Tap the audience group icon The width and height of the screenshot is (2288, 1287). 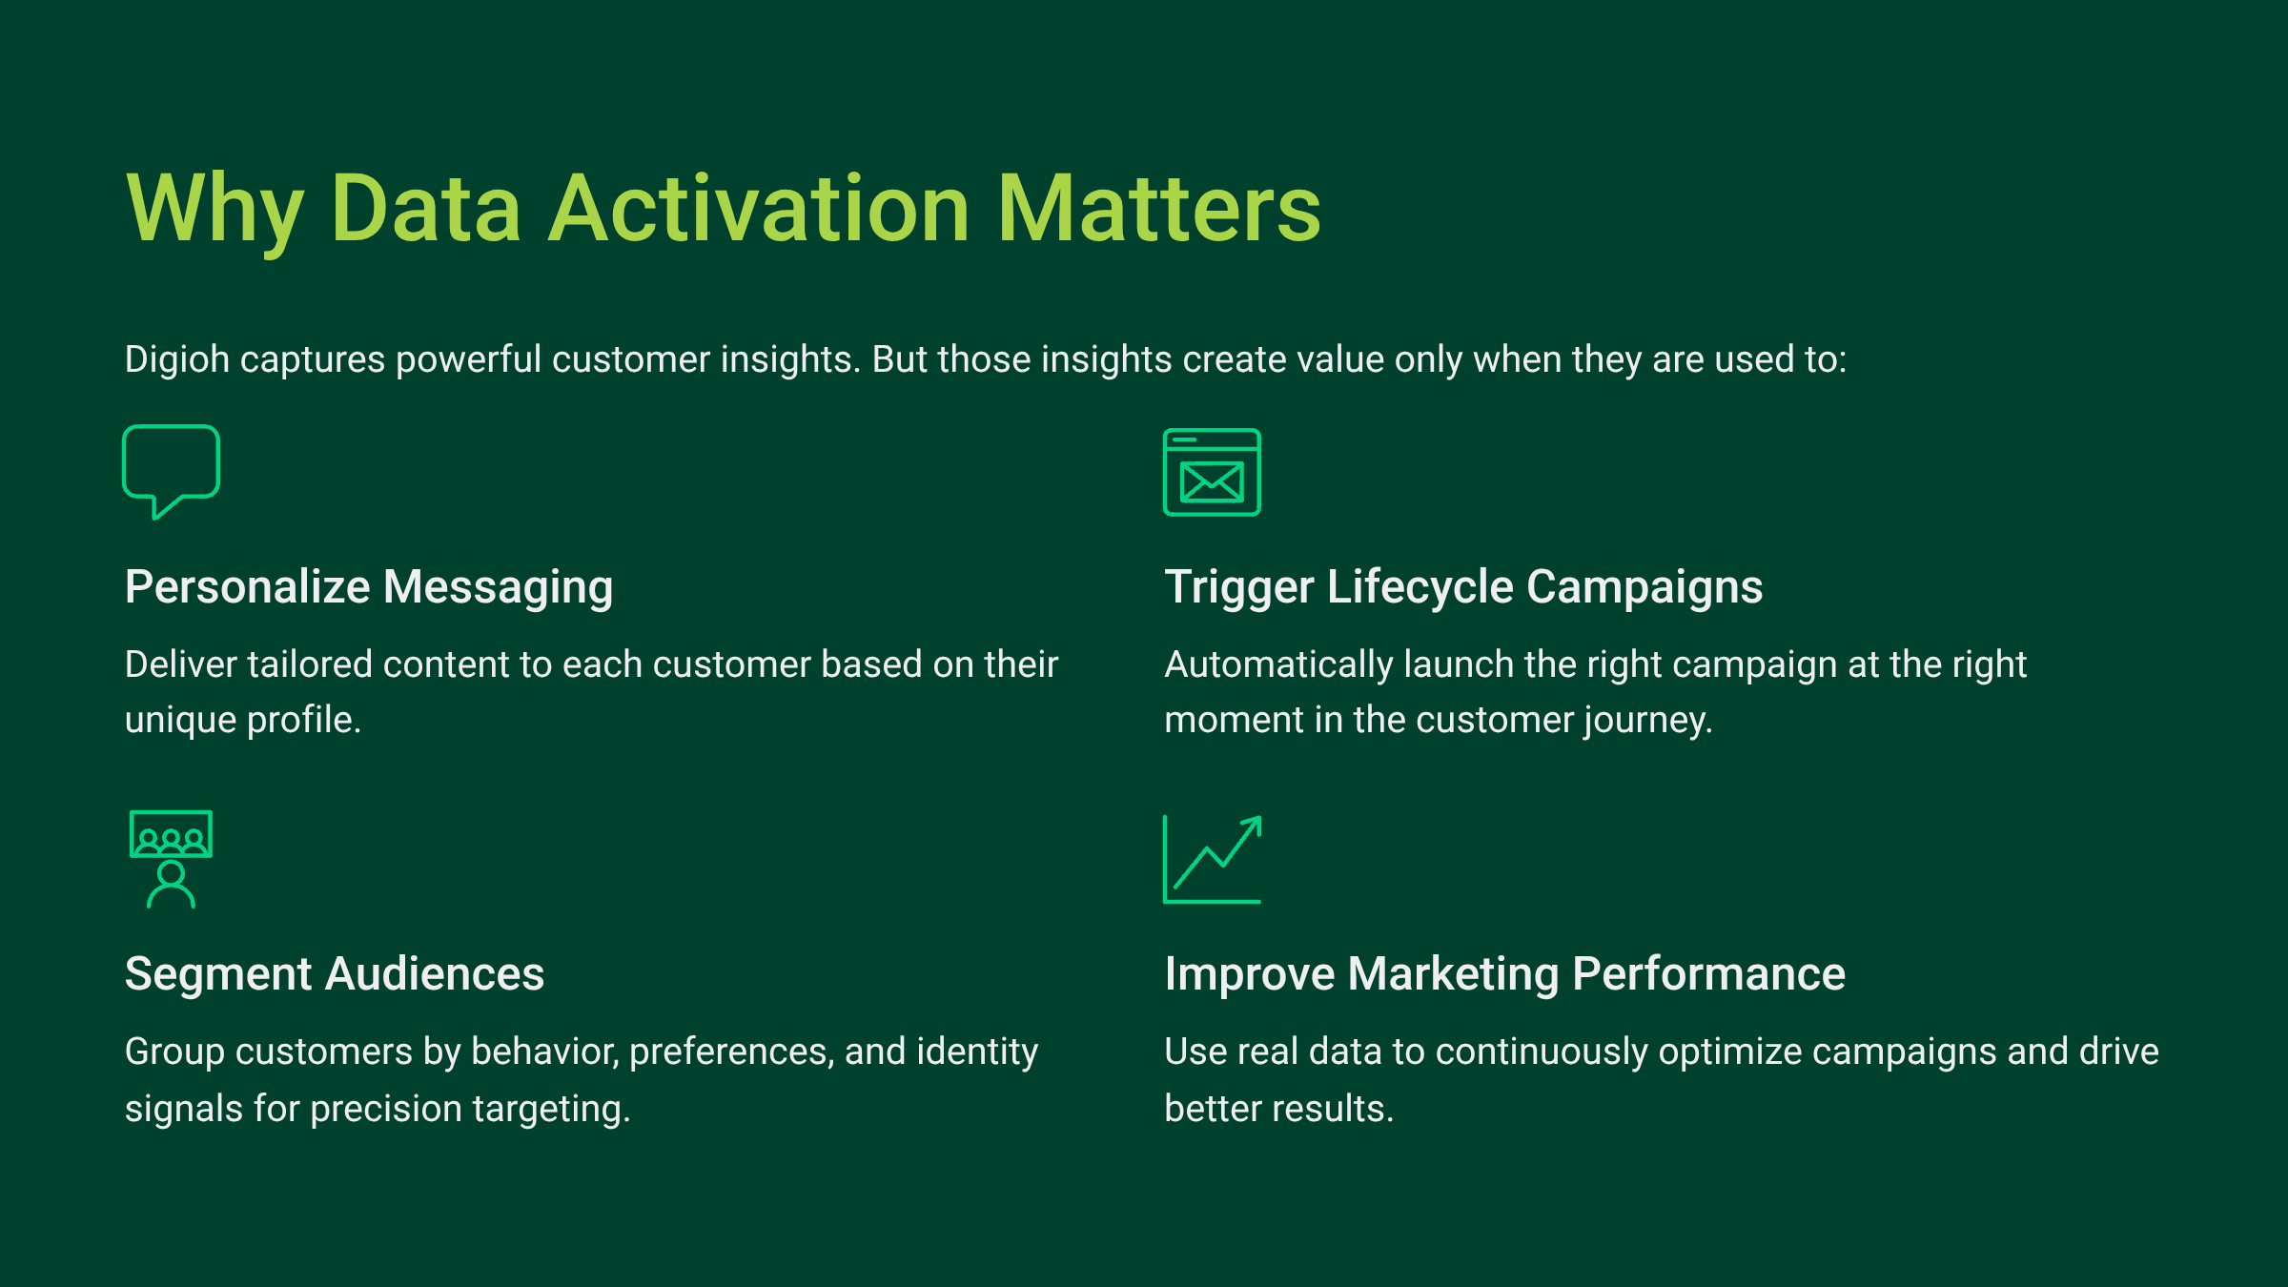coord(171,858)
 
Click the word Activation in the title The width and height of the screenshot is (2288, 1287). coord(759,209)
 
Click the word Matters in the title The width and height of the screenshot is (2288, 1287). coord(1158,209)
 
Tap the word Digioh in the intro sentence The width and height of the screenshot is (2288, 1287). coord(177,360)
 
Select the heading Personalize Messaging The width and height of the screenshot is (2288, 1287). coord(369,587)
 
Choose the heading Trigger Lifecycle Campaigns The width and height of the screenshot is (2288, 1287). coord(1463,587)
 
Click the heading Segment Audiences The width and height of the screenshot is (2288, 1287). coord(335,974)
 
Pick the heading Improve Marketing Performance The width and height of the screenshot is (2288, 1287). coord(1505,974)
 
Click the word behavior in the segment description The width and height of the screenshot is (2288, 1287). coord(545,1052)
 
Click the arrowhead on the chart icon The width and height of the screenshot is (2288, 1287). coord(1254,824)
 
